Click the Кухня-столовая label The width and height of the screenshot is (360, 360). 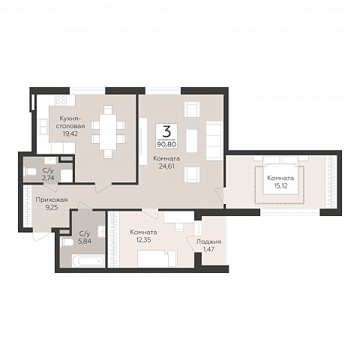point(70,121)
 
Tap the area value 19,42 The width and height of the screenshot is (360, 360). point(70,133)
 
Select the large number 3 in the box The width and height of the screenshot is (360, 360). point(166,131)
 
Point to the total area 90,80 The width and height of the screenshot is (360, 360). point(166,144)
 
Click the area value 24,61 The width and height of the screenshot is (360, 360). point(166,166)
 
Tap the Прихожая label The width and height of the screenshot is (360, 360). point(52,199)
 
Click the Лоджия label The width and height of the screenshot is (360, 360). point(208,241)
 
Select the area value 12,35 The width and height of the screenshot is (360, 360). point(143,240)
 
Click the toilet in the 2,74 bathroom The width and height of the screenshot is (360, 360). point(31,172)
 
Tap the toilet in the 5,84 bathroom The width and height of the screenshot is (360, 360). point(67,242)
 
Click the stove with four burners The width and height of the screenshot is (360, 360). point(61,100)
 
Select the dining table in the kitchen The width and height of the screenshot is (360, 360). point(108,132)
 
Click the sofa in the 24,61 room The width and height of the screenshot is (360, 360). point(214,141)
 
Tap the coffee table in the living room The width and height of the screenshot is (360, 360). point(192,141)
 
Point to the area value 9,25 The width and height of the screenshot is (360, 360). point(52,207)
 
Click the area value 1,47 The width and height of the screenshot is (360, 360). point(208,249)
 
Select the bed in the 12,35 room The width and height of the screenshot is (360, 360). point(157,258)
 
